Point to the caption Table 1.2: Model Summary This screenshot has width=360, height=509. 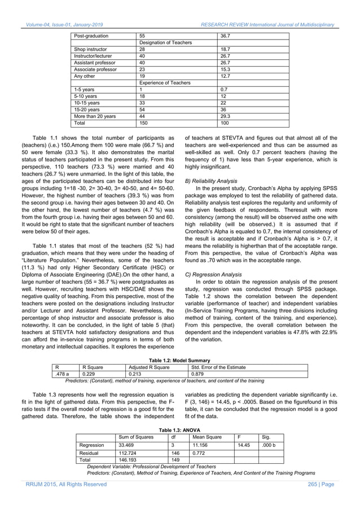coord(179,360)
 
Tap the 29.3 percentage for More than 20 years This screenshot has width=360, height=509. coord(226,116)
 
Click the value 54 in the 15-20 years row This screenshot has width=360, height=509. coord(142,109)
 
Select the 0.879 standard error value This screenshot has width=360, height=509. coord(197,373)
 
